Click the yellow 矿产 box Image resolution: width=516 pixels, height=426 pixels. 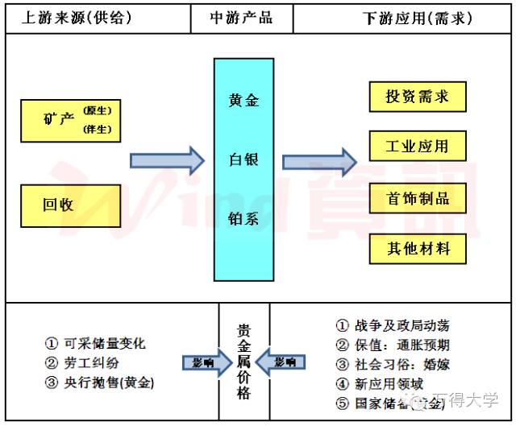click(x=71, y=121)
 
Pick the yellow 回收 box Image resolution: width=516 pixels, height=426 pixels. click(x=71, y=204)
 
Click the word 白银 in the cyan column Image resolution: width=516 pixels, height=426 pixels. click(x=244, y=159)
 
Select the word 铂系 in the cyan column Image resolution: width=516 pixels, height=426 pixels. click(x=244, y=217)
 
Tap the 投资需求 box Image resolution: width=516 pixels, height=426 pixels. click(x=417, y=97)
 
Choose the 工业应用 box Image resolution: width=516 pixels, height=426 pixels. click(x=417, y=147)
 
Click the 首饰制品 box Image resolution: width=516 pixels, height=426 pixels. click(x=417, y=198)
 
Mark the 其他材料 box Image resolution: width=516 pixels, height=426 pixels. click(x=417, y=248)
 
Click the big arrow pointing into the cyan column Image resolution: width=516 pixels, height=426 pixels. click(x=168, y=160)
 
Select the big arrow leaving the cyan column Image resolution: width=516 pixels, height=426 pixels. click(x=319, y=161)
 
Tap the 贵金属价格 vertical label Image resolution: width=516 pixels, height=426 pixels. click(x=243, y=362)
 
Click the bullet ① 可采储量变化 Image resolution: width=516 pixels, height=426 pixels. click(x=95, y=343)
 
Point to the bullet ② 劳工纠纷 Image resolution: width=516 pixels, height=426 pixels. click(x=84, y=362)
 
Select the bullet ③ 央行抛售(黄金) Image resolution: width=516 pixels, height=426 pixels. click(x=99, y=382)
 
